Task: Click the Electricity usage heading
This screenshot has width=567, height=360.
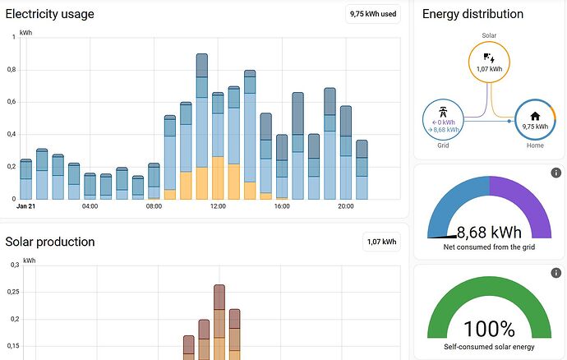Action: (49, 14)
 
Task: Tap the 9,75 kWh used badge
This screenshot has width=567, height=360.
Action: (374, 14)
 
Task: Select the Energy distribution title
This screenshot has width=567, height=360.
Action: (472, 14)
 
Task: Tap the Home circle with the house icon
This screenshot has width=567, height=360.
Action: (535, 121)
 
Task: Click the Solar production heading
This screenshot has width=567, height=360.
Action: (49, 242)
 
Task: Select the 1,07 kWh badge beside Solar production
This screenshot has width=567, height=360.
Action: (381, 242)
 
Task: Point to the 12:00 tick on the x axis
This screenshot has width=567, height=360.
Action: (218, 206)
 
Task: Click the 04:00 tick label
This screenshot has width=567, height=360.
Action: (90, 206)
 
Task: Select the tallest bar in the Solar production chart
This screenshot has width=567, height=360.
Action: (219, 321)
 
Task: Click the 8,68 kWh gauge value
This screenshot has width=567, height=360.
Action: (490, 233)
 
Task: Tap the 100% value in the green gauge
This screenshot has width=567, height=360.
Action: (490, 330)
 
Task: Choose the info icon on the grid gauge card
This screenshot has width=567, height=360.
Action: (555, 173)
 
